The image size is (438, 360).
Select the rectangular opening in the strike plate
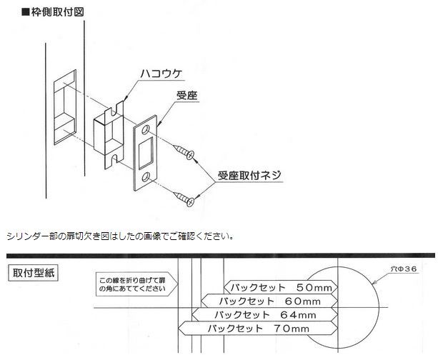point(146,152)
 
